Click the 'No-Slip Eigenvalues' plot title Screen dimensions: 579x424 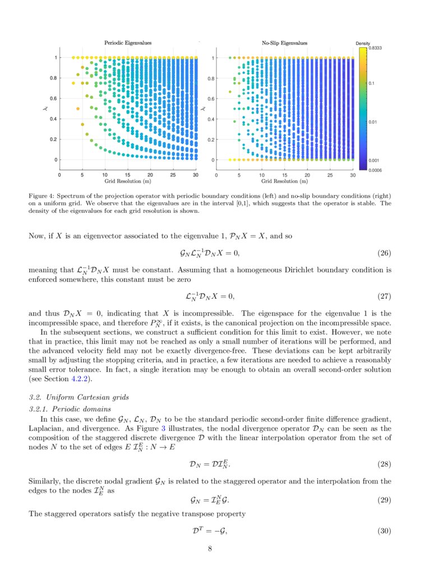coord(284,43)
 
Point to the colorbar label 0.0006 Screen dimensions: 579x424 coord(375,170)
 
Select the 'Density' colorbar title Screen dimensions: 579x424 coord(363,43)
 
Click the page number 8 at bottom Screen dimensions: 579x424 coord(210,549)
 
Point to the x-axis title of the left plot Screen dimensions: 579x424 coord(127,181)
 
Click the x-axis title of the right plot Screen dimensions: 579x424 coord(284,181)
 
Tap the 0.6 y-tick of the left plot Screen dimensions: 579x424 coord(56,98)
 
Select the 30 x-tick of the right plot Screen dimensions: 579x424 coord(352,175)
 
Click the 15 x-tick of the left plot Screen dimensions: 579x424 coord(127,175)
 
